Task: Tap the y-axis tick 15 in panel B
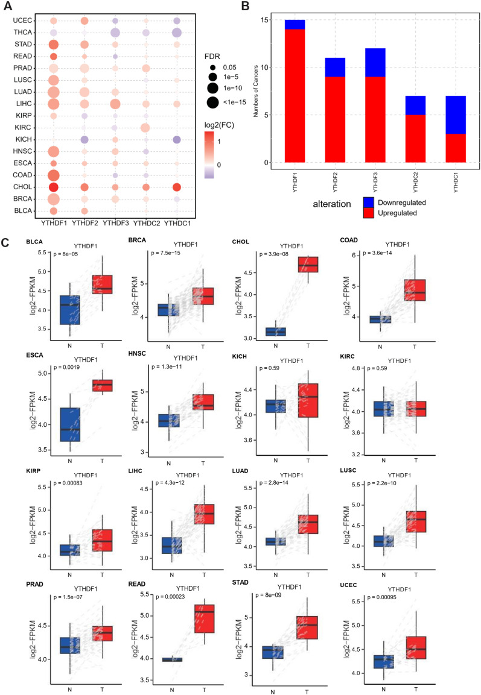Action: [278, 20]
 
